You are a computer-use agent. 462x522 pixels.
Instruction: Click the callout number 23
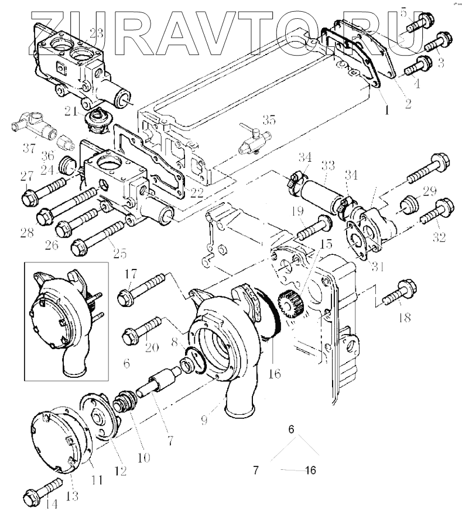click(x=96, y=34)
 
